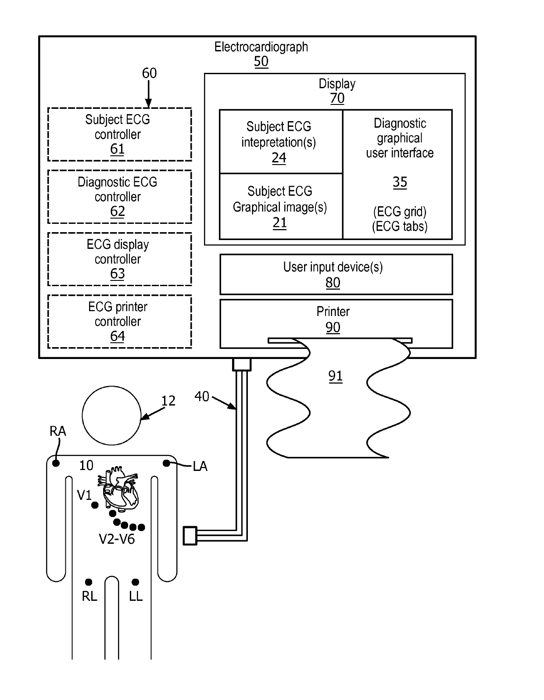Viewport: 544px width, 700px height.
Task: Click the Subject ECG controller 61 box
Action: tap(119, 134)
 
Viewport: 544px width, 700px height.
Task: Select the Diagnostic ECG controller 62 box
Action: tap(119, 197)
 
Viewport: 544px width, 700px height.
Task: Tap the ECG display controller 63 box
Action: tap(119, 259)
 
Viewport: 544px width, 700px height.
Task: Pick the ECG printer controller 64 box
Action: tap(119, 322)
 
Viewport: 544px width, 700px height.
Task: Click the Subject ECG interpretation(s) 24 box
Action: tap(281, 142)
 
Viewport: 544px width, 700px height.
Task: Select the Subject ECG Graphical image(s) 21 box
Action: tap(281, 206)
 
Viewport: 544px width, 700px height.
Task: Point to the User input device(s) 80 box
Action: tap(336, 274)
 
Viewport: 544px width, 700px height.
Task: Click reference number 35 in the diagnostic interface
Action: tap(400, 182)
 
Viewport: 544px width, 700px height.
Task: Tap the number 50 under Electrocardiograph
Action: tap(261, 61)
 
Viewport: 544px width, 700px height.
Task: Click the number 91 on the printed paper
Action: tap(336, 376)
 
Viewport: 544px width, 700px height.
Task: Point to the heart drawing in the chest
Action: tap(118, 489)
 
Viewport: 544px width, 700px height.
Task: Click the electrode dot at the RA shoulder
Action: tap(56, 463)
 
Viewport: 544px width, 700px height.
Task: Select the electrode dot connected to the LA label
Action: tap(166, 463)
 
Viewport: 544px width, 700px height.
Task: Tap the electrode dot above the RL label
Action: tap(89, 582)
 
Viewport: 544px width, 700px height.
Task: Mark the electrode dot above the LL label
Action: tap(136, 582)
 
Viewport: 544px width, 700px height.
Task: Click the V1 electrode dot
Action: tap(95, 505)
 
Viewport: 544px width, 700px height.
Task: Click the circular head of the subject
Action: tap(111, 415)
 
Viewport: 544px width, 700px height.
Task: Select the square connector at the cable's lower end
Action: tap(190, 536)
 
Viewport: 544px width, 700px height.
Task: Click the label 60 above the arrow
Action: tap(149, 73)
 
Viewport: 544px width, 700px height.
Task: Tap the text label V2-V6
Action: tap(117, 539)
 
